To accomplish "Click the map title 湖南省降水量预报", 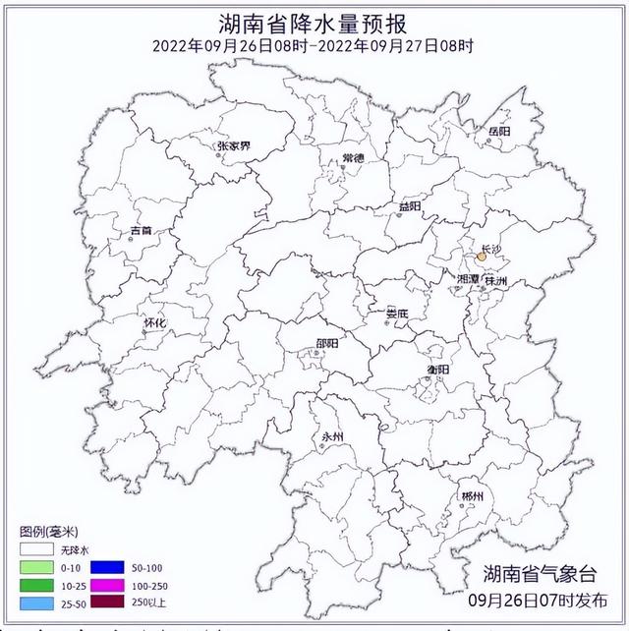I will click(x=314, y=22).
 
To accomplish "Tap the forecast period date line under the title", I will click(x=314, y=45).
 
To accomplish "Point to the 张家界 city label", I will click(x=234, y=146).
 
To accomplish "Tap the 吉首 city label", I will click(x=142, y=232).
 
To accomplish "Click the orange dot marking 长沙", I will click(x=482, y=258).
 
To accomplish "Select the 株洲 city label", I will click(x=497, y=281).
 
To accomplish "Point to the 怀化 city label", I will click(x=154, y=322).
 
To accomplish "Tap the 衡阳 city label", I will click(x=437, y=369).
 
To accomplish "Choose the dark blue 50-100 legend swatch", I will click(x=106, y=567).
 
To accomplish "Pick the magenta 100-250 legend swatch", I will click(x=106, y=585).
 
